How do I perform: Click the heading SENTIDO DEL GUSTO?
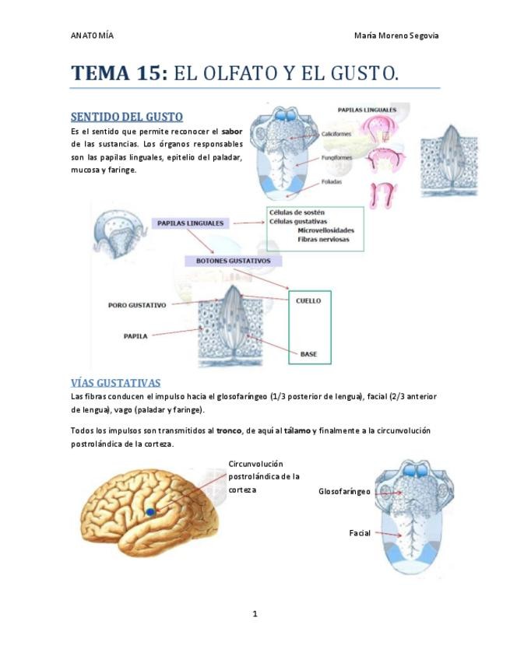tap(126, 117)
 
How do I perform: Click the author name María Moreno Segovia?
tap(401, 36)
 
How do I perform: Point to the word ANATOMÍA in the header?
tap(92, 36)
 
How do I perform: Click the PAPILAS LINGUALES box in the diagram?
tap(191, 223)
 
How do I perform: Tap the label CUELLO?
tap(308, 300)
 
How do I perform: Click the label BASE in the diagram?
tap(308, 354)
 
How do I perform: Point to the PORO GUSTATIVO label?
tap(137, 305)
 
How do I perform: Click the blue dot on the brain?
tap(150, 511)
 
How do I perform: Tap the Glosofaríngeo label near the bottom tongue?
tap(344, 491)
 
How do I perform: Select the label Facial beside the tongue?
tap(359, 533)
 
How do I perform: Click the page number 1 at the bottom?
tap(255, 614)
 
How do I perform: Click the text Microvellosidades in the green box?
tap(325, 230)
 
